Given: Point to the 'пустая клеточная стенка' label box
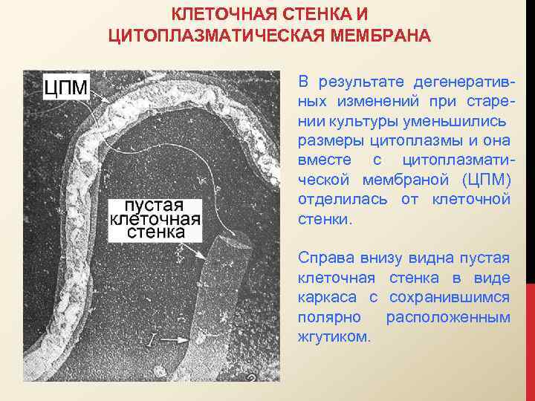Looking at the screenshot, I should tap(155, 218).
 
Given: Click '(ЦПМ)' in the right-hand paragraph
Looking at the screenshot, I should tap(486, 180).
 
